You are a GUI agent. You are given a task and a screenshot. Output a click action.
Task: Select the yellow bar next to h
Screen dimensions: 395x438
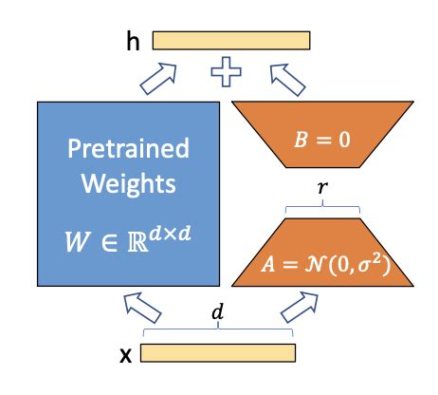230,41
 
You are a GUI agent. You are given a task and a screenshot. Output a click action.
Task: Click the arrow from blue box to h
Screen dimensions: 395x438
158,77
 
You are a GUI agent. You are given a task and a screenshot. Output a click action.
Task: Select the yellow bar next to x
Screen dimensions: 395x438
218,354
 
